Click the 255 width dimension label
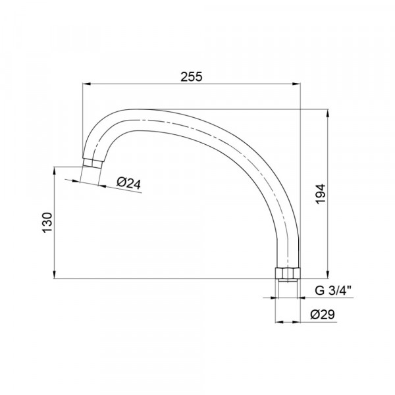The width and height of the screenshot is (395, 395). pos(191,76)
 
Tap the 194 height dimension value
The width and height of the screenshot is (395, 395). pos(321,194)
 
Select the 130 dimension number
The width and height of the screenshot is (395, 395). pos(47,223)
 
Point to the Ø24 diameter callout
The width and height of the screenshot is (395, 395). pos(128,183)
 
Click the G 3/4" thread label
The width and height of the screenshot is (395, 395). pos(332,291)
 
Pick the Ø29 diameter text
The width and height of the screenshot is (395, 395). pos(323,314)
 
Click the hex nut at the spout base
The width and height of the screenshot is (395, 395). pos(288,273)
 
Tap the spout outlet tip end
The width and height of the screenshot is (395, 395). pos(92,163)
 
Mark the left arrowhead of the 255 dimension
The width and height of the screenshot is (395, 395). pos(86,84)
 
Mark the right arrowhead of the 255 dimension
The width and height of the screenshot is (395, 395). pos(297,84)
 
